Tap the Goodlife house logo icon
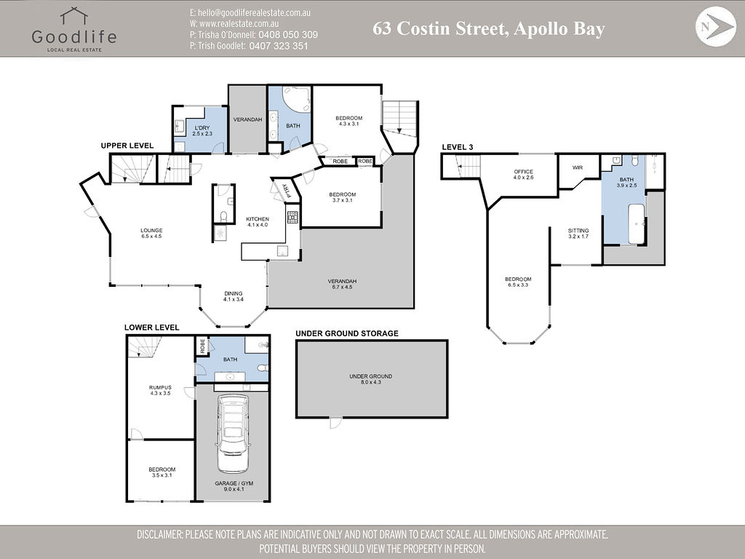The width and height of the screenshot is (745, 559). [x=73, y=16]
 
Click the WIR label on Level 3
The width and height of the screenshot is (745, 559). [x=577, y=168]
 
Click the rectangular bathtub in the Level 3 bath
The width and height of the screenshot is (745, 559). [x=636, y=224]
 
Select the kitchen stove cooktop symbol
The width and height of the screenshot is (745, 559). [x=292, y=217]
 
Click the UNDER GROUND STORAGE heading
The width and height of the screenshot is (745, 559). [x=347, y=333]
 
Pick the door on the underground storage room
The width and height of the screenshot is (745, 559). [x=336, y=423]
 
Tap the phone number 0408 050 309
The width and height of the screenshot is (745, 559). [x=288, y=35]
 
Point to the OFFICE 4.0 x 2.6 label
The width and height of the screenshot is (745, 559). [x=523, y=175]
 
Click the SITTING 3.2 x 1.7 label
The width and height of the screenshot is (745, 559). [x=578, y=234]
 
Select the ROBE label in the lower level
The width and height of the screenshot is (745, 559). [x=202, y=346]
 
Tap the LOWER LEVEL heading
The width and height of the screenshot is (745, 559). [x=151, y=328]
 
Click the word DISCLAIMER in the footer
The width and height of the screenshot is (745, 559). [x=159, y=535]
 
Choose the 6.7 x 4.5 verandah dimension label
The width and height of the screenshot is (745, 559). [x=342, y=287]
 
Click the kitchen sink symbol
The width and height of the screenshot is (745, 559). [x=283, y=251]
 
